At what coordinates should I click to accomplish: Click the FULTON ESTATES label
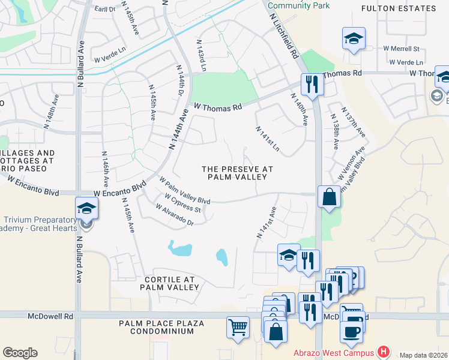(x=399, y=8)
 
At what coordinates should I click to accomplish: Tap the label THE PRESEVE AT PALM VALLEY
(x=237, y=173)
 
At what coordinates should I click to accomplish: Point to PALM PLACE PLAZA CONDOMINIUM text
(x=161, y=328)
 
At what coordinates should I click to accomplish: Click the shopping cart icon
(x=238, y=328)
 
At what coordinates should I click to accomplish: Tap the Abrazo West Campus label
(x=334, y=353)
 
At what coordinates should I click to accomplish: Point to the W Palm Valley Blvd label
(x=184, y=190)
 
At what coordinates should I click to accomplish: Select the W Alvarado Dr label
(x=174, y=215)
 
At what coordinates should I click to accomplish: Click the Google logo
(x=20, y=353)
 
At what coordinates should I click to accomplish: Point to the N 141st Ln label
(x=267, y=139)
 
